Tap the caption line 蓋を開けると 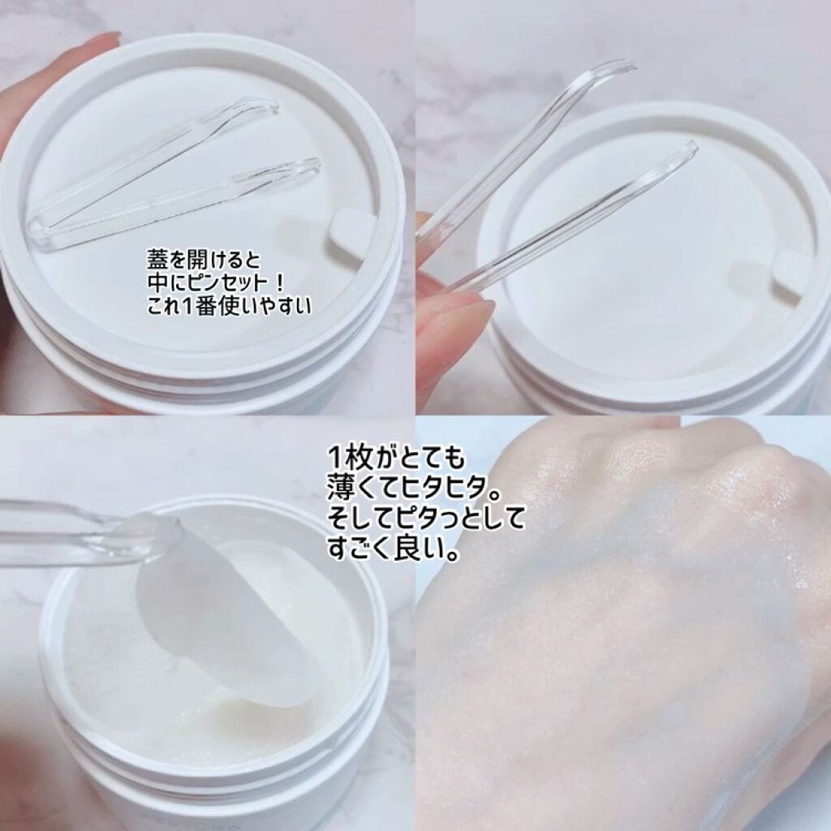204,260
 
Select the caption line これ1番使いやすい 227,307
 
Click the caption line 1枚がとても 395,457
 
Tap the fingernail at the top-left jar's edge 109,39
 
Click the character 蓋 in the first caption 156,260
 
